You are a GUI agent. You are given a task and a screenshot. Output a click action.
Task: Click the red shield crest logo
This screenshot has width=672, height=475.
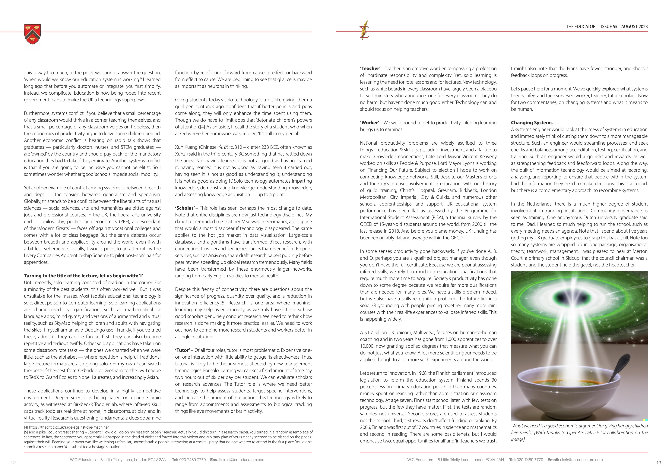click(33, 34)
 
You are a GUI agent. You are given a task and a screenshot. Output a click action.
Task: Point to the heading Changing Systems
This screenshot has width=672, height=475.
click(531, 123)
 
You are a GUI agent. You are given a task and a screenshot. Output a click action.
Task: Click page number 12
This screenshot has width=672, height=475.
click(13, 463)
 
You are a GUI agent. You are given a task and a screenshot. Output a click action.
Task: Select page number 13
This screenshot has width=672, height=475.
click(658, 463)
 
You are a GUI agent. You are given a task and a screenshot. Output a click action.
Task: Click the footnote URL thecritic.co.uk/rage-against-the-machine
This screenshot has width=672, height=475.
click(69, 427)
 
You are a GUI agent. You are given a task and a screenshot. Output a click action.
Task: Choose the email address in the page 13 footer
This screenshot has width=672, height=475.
click(581, 460)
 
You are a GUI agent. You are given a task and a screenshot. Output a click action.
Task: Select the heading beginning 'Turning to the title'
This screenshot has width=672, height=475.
click(83, 276)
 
